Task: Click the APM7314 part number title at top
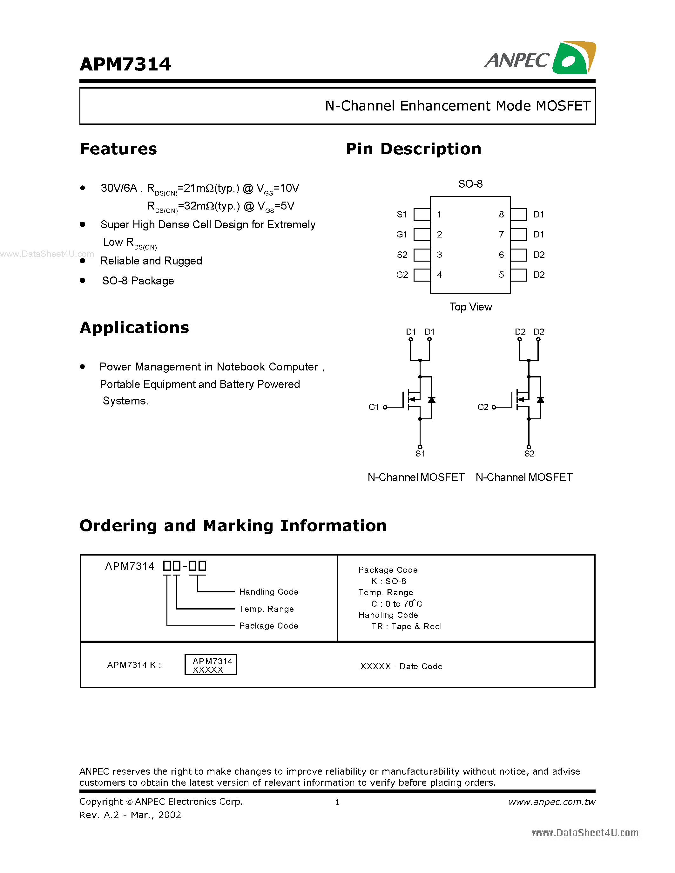click(x=125, y=64)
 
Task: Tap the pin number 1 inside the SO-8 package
click(x=439, y=215)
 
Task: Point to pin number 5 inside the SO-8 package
click(x=501, y=275)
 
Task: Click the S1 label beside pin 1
click(x=402, y=215)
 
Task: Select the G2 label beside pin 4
click(x=402, y=275)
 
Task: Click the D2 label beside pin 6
click(x=539, y=255)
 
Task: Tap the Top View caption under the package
click(x=471, y=307)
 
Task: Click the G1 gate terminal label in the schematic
click(x=374, y=407)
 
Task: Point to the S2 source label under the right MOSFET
click(x=530, y=454)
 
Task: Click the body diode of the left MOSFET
click(x=431, y=400)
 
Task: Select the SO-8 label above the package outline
click(x=470, y=184)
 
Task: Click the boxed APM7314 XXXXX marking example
click(x=211, y=665)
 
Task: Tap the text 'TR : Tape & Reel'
click(x=406, y=626)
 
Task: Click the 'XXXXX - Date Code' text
click(x=401, y=666)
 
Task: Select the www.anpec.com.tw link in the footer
click(x=552, y=802)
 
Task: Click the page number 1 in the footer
click(x=337, y=802)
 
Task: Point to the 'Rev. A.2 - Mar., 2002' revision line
click(x=130, y=815)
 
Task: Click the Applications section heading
click(x=134, y=328)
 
